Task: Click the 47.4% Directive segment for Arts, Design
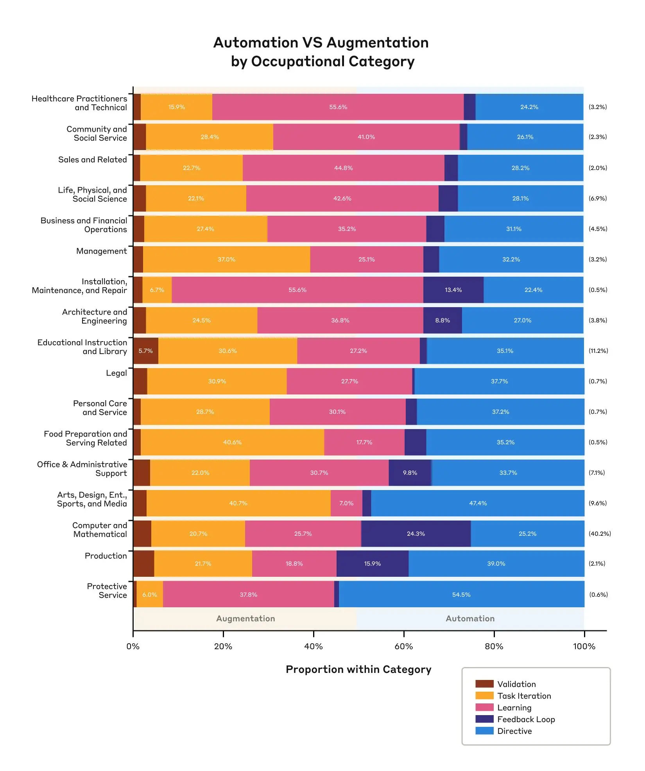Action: coord(478,503)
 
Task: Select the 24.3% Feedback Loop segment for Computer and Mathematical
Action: coord(416,533)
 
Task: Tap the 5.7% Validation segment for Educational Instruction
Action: coord(145,351)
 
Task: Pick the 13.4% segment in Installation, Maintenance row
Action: coord(453,290)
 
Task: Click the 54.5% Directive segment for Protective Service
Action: coord(461,594)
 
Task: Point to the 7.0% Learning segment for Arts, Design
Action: coord(346,503)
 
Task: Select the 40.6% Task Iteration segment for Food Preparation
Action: coord(232,442)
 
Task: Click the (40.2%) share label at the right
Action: coord(600,533)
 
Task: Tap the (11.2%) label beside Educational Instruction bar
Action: coord(598,351)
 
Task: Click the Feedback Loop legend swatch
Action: coord(484,719)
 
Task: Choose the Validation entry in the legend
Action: coord(516,684)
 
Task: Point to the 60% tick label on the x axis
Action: coord(403,646)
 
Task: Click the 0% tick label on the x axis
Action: coord(133,646)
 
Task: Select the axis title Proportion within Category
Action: coord(358,669)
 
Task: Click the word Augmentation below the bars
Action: coord(245,618)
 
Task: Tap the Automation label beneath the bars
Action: coord(470,618)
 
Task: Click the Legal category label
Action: coord(116,373)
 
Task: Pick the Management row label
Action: coord(101,251)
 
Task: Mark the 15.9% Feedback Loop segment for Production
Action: coord(372,563)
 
